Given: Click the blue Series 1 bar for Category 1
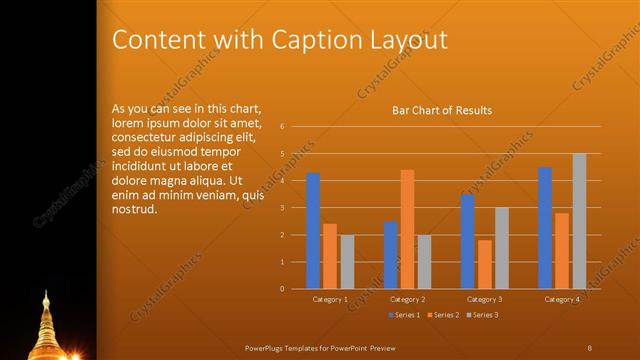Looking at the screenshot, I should tap(313, 231).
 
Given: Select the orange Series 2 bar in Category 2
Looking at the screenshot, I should tap(407, 229).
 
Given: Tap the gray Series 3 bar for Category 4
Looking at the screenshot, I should tap(579, 221).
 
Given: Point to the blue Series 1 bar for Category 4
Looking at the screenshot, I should tap(545, 228).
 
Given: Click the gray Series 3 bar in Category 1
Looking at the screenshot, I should tap(347, 262).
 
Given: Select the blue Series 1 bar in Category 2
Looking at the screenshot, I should tap(391, 255).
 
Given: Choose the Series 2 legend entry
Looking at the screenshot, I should tap(444, 315).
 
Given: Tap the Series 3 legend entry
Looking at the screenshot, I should tap(483, 315).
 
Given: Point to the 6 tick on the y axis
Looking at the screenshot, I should tap(283, 127).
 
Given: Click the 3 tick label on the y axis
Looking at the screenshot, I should tap(283, 208).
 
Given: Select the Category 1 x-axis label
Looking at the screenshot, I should tap(330, 299).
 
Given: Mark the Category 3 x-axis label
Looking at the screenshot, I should tap(485, 299).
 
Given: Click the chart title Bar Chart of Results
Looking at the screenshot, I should tap(441, 110).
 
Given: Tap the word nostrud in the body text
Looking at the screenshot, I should tap(135, 210).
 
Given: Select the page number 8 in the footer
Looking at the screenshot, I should tap(590, 347).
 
